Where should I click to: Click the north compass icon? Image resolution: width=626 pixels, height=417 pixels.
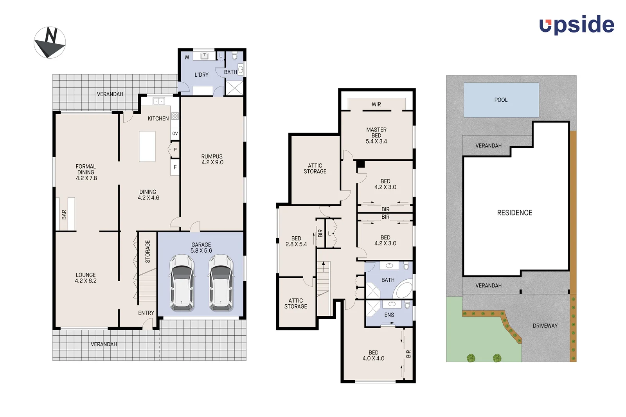[50, 43]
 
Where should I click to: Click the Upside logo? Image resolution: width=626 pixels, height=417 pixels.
[577, 25]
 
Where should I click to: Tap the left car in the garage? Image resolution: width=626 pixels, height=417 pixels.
[182, 282]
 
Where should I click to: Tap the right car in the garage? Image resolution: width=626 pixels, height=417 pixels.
[221, 282]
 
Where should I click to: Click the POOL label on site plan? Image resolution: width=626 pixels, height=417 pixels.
[501, 100]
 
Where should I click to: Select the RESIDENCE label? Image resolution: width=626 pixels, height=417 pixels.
[514, 213]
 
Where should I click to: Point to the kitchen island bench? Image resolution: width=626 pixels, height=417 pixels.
[147, 146]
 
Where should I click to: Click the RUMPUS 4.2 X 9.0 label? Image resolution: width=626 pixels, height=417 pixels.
[212, 159]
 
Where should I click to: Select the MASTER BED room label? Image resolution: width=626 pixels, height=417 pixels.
[376, 135]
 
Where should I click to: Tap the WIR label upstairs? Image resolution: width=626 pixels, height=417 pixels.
[376, 104]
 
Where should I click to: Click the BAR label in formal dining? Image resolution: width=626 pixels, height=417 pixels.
[64, 214]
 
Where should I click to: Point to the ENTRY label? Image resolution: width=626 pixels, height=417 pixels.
[146, 313]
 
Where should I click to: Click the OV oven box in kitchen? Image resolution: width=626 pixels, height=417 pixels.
[175, 133]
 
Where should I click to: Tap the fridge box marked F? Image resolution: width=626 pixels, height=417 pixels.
[175, 167]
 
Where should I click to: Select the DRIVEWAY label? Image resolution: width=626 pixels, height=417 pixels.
[545, 326]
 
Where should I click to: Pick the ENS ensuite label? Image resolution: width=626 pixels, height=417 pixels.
[389, 315]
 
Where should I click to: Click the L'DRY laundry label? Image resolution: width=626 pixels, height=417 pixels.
[201, 75]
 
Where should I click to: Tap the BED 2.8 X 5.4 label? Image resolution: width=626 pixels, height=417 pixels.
[296, 241]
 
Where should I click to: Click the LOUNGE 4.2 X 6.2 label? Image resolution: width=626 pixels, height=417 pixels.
[86, 278]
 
